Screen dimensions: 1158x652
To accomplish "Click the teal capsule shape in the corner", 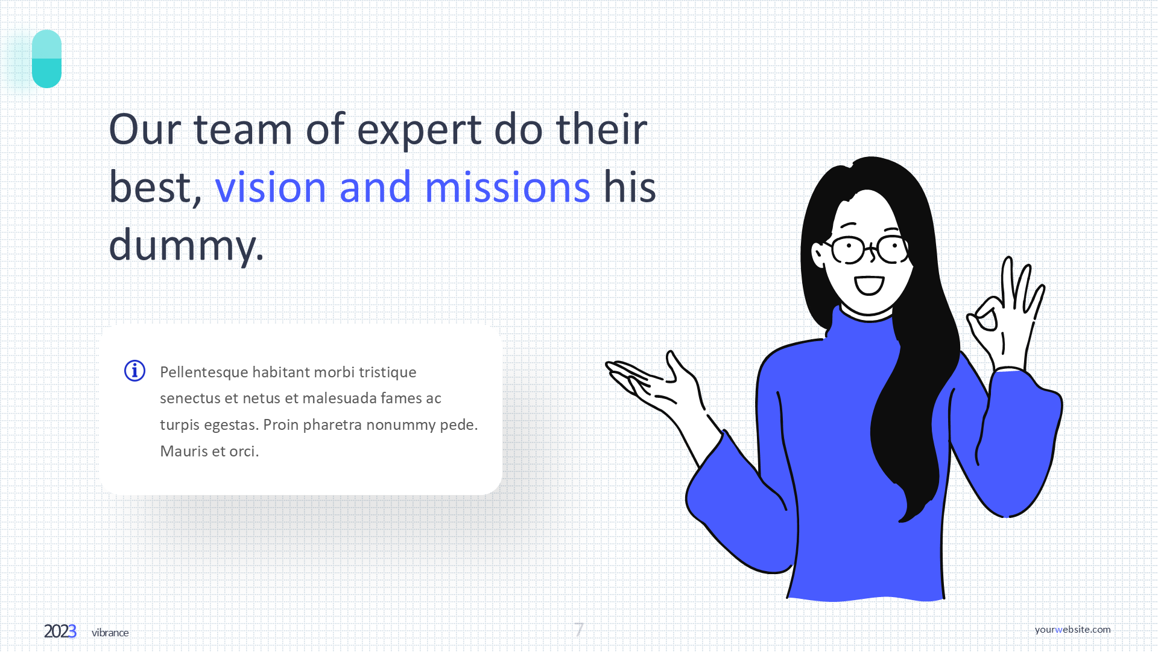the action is [x=46, y=59].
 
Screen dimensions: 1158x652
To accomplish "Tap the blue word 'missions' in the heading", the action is [x=507, y=187].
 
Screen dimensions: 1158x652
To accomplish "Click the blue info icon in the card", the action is [x=134, y=371].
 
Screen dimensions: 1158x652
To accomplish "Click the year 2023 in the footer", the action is [x=60, y=631].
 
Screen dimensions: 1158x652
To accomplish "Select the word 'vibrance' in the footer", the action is [x=110, y=633].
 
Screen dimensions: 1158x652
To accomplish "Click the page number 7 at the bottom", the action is [x=579, y=630].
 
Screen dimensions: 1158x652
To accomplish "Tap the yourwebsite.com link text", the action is [x=1072, y=629].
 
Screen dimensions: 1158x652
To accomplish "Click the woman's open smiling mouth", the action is [x=869, y=284].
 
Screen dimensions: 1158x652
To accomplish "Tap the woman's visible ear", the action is [x=818, y=254].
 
